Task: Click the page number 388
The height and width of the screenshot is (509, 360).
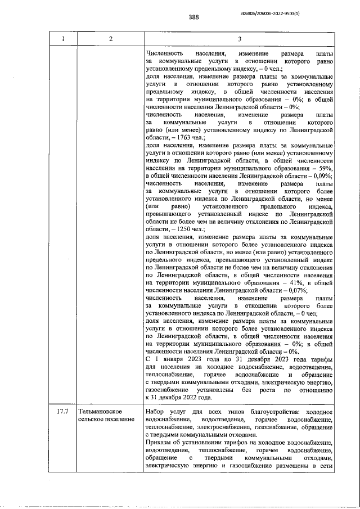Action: [x=194, y=17]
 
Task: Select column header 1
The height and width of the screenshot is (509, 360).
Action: [x=63, y=39]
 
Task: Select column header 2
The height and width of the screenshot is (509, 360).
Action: [x=110, y=39]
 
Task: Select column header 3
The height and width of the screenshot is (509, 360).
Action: [x=239, y=39]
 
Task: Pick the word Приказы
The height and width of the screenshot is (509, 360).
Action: [x=159, y=443]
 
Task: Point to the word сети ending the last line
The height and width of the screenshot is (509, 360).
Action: [x=325, y=466]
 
